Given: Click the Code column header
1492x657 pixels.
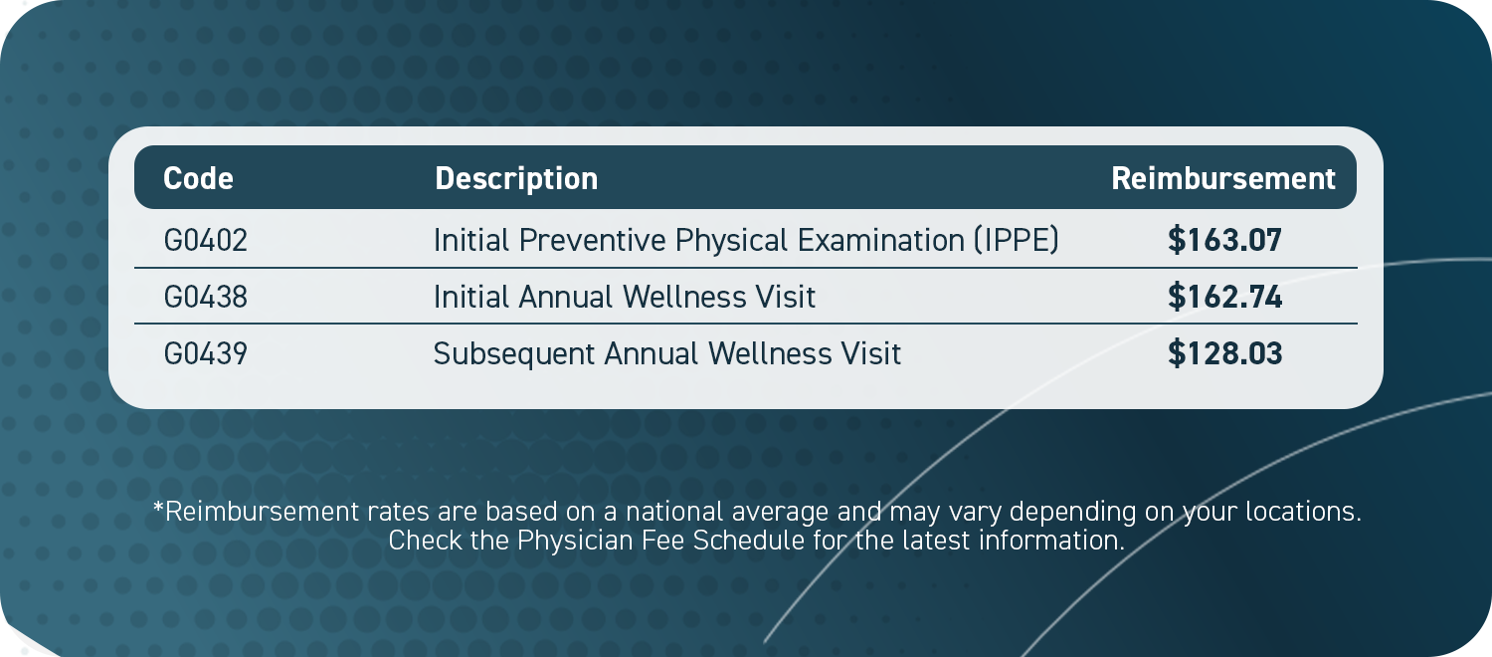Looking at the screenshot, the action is coord(199,178).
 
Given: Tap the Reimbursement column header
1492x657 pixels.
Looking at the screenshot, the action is coord(1222,178).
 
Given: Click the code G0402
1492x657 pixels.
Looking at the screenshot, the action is coord(205,240).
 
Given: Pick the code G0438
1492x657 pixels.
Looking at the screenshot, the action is coord(205,297).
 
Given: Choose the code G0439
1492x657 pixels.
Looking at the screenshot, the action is coord(205,353).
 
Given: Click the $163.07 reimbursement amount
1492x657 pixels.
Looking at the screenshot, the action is coord(1224,240).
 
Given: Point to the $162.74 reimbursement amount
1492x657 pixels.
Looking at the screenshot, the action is coord(1224,297).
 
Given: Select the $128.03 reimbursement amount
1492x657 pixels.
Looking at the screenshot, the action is coord(1224,353).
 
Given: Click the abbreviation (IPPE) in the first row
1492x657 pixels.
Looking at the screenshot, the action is coord(1016,240).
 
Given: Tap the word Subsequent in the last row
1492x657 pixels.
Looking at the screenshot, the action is coord(514,354).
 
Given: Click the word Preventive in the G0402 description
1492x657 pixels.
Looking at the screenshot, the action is coord(592,240).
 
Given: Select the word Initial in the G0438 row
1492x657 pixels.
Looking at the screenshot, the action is coord(471,297).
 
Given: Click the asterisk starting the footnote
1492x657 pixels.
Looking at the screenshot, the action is coord(158,507).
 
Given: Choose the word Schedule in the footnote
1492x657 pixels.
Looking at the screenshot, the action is coord(749,541).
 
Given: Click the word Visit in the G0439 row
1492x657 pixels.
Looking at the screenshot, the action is coord(870,353).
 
